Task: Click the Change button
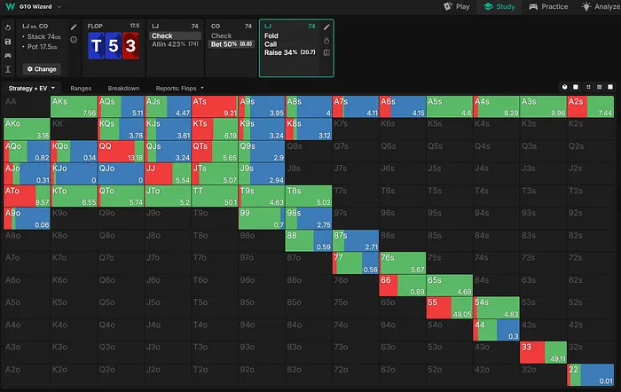tap(41, 68)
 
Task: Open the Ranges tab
tap(81, 89)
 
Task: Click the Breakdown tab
tap(123, 89)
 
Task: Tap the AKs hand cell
tap(74, 106)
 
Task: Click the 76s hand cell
tap(402, 263)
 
